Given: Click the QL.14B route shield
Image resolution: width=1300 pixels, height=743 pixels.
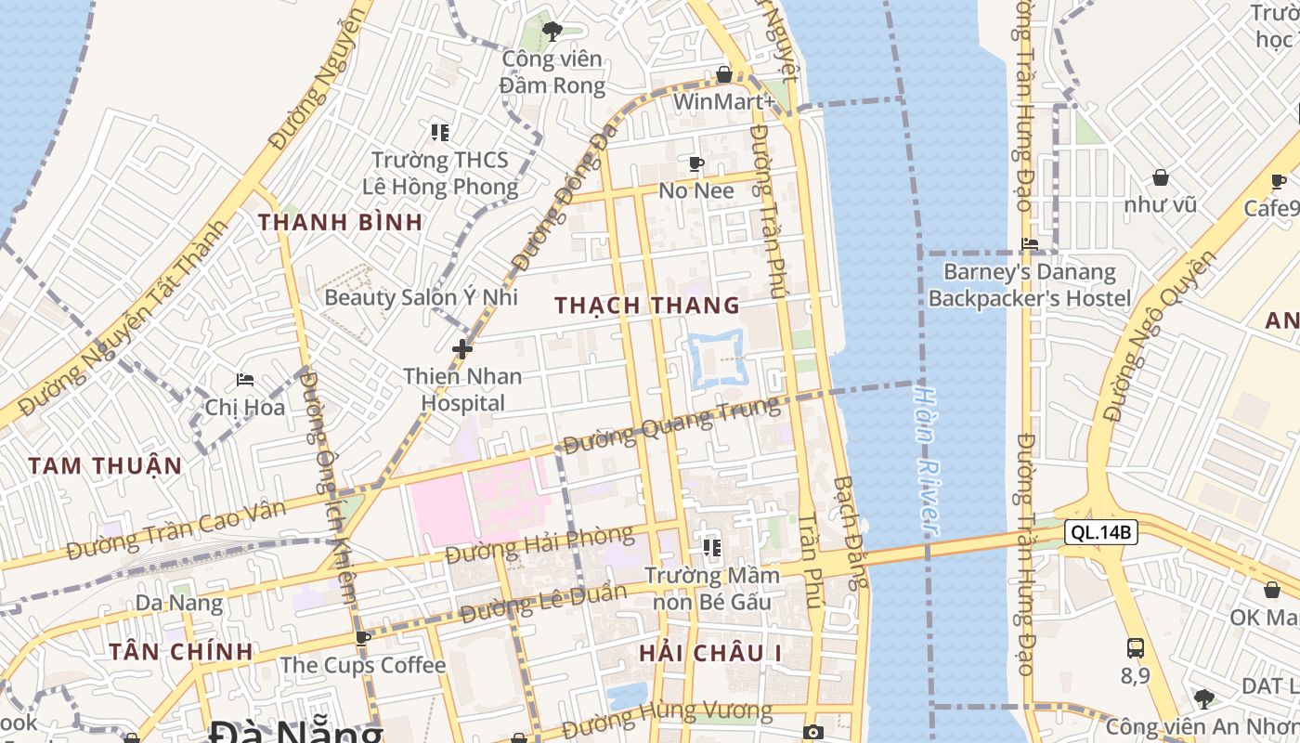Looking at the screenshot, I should click(x=1100, y=532).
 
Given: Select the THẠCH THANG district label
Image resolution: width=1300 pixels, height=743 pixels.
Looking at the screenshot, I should click(x=647, y=305).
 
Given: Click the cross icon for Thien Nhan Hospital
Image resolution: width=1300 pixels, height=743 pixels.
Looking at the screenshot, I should click(x=462, y=349).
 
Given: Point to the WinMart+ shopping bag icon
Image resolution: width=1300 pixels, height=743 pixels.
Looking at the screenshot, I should click(x=724, y=74).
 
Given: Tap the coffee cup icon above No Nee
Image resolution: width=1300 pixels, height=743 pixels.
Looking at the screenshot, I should click(x=696, y=164).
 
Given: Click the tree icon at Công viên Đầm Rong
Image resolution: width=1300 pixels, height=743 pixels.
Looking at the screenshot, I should click(x=552, y=32).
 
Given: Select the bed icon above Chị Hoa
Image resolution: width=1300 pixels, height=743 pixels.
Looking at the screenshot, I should click(x=245, y=379).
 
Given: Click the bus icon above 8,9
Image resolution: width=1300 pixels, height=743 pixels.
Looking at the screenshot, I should click(x=1135, y=647).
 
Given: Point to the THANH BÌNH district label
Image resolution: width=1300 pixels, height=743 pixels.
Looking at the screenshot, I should click(x=340, y=222).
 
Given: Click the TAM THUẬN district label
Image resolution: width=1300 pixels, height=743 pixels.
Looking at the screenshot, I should click(x=105, y=465).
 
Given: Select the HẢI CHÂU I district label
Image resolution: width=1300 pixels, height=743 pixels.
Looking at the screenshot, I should click(x=709, y=653).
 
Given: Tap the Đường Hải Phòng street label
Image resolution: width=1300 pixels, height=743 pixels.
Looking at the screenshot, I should click(x=539, y=544).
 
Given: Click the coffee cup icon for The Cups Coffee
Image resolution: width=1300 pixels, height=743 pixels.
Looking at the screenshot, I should click(x=363, y=638).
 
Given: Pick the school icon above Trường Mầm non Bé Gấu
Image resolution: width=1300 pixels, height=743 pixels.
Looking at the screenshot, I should click(x=711, y=548).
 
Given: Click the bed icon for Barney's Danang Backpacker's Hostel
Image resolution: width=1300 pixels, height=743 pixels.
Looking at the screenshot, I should click(x=1030, y=244).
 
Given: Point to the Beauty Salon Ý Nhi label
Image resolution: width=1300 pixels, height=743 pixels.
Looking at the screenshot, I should click(x=421, y=297).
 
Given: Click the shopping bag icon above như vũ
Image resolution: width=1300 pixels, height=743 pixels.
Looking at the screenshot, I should click(x=1160, y=176).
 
